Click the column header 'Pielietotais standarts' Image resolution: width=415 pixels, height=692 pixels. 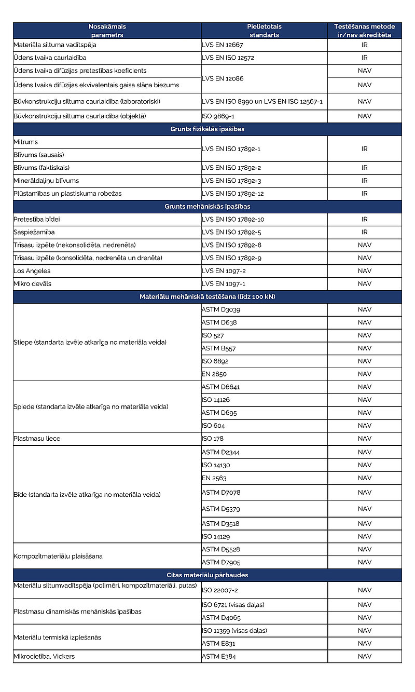264,31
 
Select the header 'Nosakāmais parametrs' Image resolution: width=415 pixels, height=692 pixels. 107,31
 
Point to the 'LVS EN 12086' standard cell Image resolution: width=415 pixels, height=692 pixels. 223,78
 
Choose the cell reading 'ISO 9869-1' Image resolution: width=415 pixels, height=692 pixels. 218,116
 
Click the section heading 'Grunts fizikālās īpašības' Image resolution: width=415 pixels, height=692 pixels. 207,129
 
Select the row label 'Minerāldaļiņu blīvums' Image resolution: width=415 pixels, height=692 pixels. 46,181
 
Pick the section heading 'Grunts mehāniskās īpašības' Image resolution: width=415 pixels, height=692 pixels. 207,207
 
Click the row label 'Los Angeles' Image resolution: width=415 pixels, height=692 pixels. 32,271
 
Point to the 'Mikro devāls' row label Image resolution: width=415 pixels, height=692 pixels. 33,284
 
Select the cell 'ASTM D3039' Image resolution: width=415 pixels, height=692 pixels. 221,310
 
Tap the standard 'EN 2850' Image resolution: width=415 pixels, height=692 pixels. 214,374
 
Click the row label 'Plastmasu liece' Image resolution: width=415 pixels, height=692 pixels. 37,439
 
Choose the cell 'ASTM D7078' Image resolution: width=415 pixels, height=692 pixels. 221,493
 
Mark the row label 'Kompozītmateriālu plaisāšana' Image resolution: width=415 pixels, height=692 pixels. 58,556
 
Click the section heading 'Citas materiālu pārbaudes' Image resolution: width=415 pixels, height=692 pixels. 207,575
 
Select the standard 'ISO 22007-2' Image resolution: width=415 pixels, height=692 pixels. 220,590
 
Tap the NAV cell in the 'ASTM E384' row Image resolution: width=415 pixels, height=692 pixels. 365,657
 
